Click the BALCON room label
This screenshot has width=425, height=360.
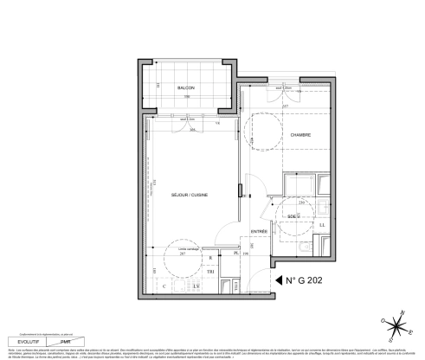point(185,89)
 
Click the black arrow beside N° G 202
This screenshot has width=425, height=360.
point(280,280)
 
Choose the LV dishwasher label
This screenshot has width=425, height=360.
point(196,286)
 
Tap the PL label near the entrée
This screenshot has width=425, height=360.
point(236,254)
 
